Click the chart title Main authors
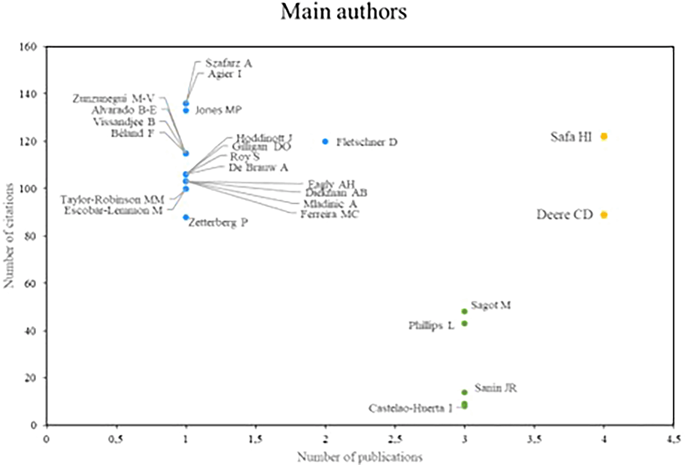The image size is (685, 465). [x=344, y=12]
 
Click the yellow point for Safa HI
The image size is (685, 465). [x=604, y=137]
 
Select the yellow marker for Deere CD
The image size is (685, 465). [x=604, y=215]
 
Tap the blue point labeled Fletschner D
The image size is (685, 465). [x=325, y=141]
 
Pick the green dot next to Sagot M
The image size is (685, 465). [x=465, y=311]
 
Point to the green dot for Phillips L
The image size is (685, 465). [x=465, y=324]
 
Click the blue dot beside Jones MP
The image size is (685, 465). [x=186, y=111]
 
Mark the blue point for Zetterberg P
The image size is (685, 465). [x=186, y=217]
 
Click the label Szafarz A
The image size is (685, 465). [x=229, y=63]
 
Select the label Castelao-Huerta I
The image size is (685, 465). [x=410, y=409]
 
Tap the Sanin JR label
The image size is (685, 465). [x=496, y=388]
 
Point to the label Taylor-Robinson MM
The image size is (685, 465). [x=112, y=199]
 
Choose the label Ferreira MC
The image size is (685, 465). [x=330, y=214]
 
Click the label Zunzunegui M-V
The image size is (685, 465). [x=114, y=99]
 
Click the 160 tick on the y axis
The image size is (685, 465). [x=28, y=47]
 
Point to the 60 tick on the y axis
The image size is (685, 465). [x=30, y=283]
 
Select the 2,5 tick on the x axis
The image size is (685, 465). [x=395, y=439]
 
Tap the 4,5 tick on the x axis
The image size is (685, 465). [x=673, y=439]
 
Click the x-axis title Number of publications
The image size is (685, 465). [x=360, y=457]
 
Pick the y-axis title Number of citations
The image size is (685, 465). [x=9, y=236]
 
